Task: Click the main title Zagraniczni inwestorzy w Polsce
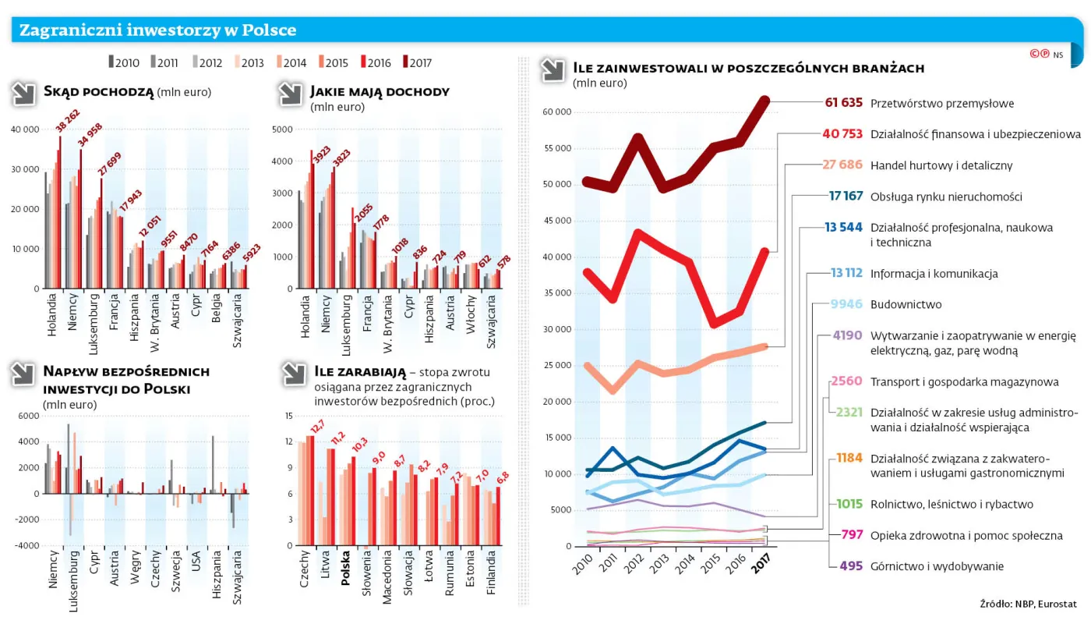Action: [157, 30]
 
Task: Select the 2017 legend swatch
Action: [404, 62]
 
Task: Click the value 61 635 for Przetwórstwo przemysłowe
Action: [843, 103]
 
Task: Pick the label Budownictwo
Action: [906, 304]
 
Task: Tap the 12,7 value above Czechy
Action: [317, 427]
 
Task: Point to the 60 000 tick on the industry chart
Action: [557, 112]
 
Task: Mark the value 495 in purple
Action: [851, 566]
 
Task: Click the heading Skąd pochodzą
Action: [99, 91]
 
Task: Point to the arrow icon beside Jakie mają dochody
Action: [290, 94]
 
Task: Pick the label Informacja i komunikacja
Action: [934, 274]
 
